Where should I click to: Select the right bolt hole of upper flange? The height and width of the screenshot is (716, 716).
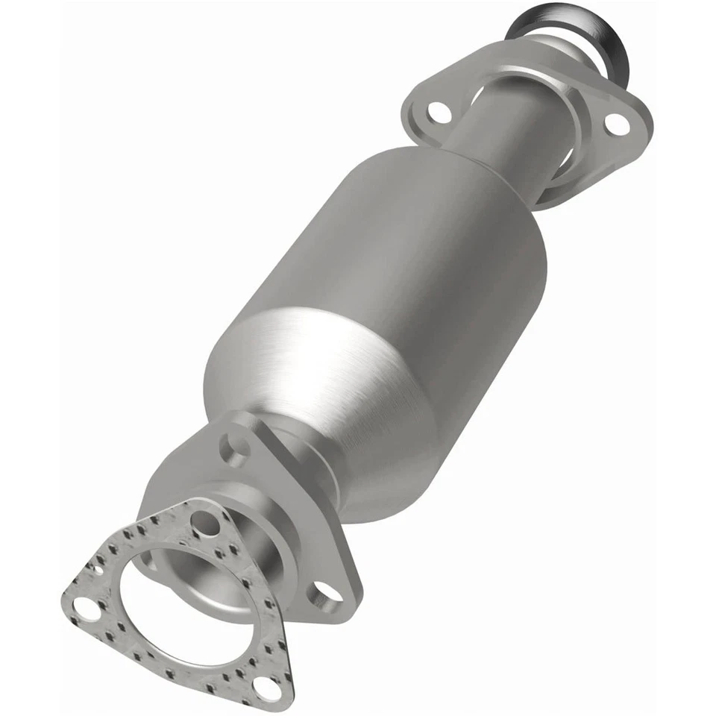616,123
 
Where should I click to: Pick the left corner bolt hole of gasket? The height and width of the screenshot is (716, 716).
87,610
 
